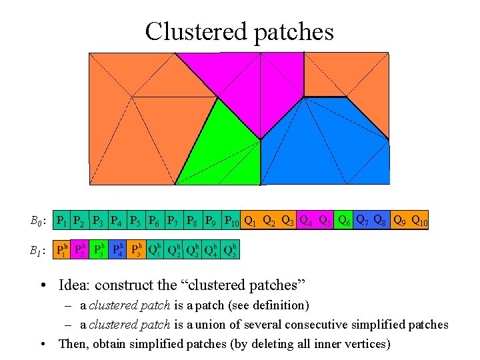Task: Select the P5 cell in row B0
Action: pyautogui.click(x=136, y=221)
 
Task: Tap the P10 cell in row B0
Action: pyautogui.click(x=231, y=221)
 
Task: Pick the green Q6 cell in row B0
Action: pyautogui.click(x=345, y=221)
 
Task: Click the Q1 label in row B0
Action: pyautogui.click(x=251, y=221)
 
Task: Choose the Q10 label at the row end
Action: pyautogui.click(x=419, y=221)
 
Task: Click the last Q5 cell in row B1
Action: pyautogui.click(x=231, y=250)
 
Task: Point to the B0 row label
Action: pyautogui.click(x=37, y=221)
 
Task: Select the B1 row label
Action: pyautogui.click(x=37, y=251)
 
